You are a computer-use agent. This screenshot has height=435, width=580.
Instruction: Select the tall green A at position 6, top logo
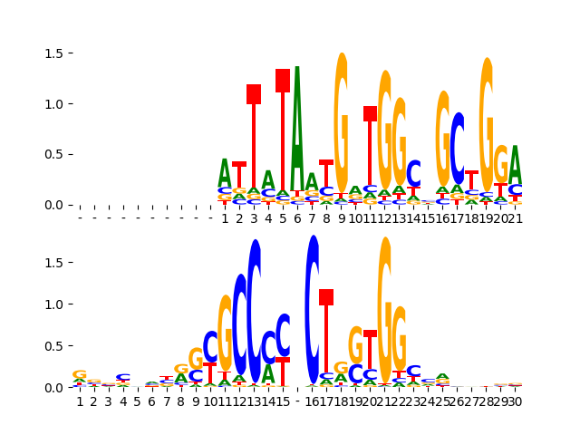(x=297, y=127)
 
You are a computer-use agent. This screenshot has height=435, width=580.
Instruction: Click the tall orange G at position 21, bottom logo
(x=384, y=290)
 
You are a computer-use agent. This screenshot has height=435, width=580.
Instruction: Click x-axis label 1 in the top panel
(x=225, y=217)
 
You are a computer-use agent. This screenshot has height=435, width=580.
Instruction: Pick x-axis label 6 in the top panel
(x=297, y=217)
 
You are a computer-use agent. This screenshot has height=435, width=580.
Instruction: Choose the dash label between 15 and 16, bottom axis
(x=297, y=401)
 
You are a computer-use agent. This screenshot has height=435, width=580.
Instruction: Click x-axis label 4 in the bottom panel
(x=123, y=401)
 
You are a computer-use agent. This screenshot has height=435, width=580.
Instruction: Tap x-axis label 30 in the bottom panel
(x=514, y=401)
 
